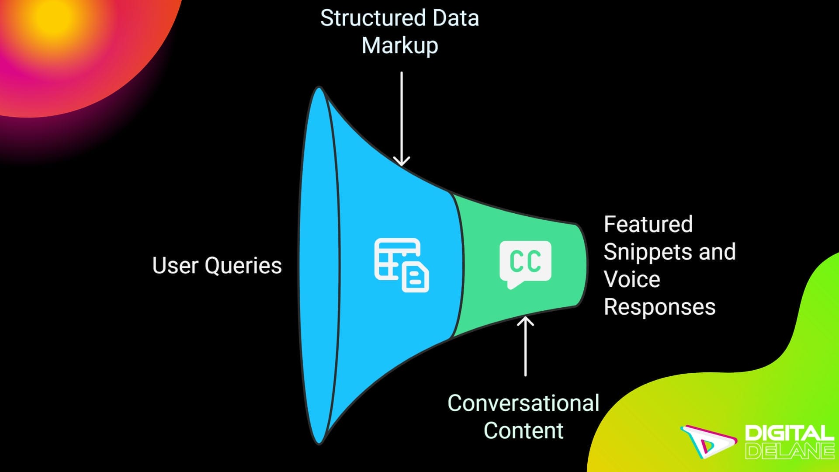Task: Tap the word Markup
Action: [399, 46]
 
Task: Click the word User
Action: [175, 265]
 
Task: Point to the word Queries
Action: [243, 266]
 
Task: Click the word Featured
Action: [648, 224]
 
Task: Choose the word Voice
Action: [631, 279]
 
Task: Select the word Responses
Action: [659, 306]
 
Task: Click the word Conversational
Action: [523, 403]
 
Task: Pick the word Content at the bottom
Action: [523, 430]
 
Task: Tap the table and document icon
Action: [401, 264]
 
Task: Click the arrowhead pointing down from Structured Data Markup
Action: [401, 161]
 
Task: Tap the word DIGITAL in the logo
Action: [789, 434]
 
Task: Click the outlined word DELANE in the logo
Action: [789, 451]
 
